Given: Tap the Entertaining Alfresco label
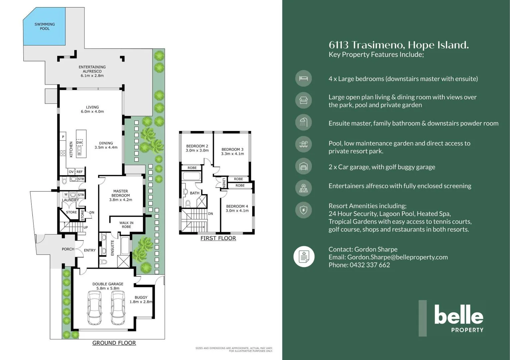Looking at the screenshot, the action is [92, 69].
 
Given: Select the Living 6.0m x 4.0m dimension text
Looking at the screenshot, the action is [92, 112].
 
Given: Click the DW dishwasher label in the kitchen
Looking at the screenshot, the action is [79, 143].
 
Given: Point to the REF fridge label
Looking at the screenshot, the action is [79, 172].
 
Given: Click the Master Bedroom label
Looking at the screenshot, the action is [121, 193].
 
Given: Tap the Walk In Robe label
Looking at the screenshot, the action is [126, 225].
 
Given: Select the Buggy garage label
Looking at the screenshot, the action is [141, 297].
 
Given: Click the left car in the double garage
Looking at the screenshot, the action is [95, 308].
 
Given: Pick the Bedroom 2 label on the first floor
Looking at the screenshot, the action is [197, 146].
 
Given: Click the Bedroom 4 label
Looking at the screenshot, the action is [237, 206].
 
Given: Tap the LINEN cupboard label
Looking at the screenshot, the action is [224, 183].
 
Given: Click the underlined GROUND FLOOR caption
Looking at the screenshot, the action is [114, 343].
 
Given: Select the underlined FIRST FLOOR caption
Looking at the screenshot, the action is [218, 238].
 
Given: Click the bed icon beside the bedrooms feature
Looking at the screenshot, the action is [304, 78].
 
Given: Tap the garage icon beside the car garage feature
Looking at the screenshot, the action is [304, 166].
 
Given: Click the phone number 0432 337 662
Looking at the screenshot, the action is [370, 265].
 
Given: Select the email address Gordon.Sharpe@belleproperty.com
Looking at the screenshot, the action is [398, 257].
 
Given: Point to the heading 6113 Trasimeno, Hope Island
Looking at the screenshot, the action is [399, 45].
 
